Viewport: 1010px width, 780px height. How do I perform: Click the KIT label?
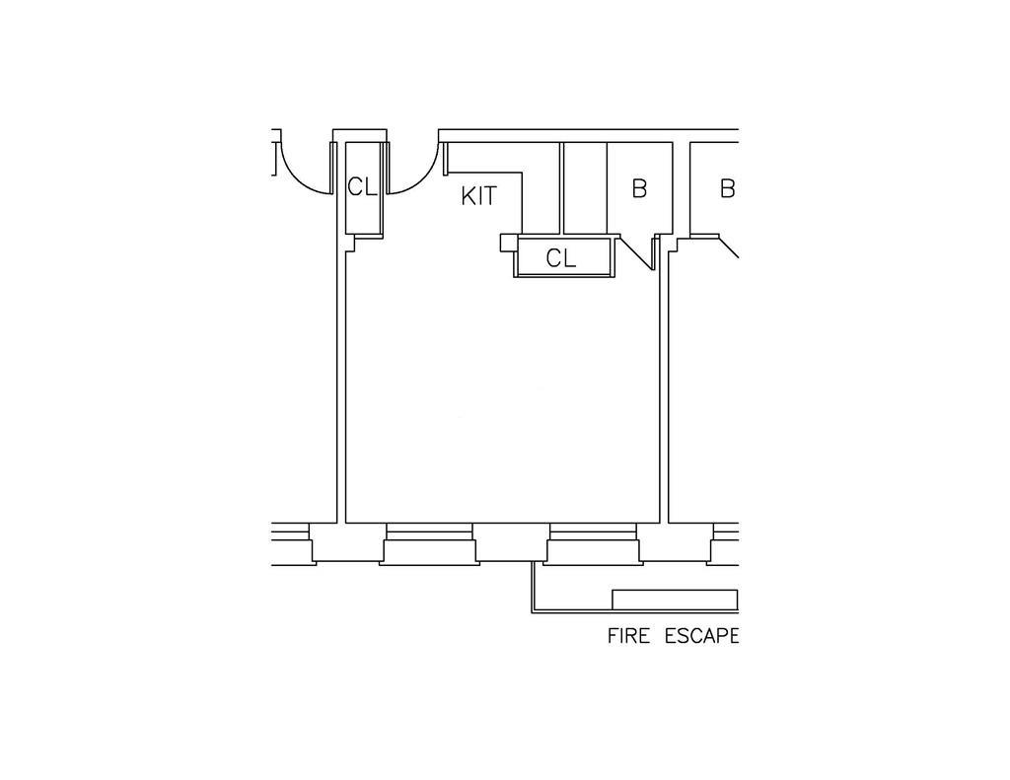point(479,196)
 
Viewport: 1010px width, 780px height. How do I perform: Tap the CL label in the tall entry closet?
point(362,187)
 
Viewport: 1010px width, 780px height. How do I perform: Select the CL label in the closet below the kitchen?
point(561,259)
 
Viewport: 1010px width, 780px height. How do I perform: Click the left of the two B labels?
point(639,188)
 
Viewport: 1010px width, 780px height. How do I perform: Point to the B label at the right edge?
point(727,188)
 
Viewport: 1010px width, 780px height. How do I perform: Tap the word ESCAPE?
point(701,636)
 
